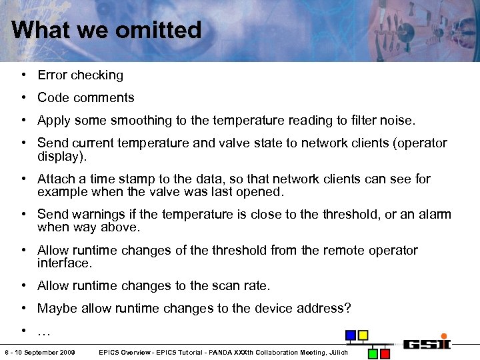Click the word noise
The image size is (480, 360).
[x=397, y=121]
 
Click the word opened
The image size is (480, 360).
[x=262, y=192]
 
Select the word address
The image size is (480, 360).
[x=325, y=309]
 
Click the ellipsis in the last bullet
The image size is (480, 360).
[x=44, y=331]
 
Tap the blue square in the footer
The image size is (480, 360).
[x=350, y=335]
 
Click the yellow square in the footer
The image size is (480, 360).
[x=363, y=335]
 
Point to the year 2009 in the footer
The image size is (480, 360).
[x=65, y=352]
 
